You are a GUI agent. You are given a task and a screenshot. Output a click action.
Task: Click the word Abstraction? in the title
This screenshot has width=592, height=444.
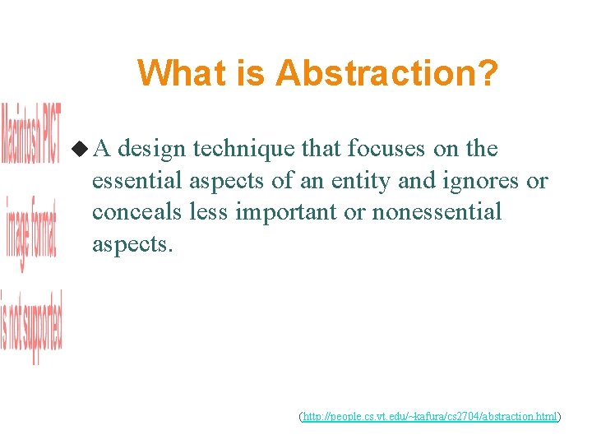(386, 73)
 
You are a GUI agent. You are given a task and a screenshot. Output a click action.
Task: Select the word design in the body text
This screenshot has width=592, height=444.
(158, 150)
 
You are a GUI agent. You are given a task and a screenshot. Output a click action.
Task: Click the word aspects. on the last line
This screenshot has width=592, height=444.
(132, 244)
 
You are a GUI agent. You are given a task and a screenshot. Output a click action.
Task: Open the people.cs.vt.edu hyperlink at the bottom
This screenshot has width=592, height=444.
(430, 418)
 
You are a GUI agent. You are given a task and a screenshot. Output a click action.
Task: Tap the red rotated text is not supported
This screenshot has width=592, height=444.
(30, 327)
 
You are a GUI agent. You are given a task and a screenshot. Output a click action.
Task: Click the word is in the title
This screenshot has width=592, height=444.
(252, 73)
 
